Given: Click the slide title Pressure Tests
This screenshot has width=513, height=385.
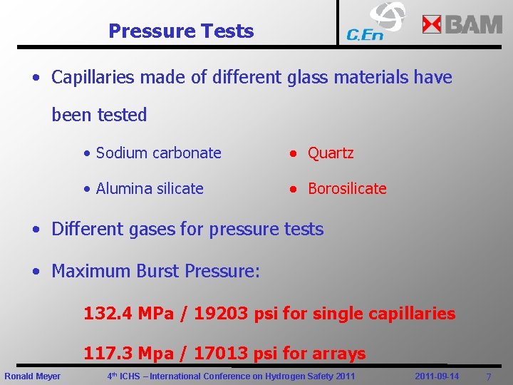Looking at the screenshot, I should (181, 31).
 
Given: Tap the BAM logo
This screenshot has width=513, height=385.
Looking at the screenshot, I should (462, 24).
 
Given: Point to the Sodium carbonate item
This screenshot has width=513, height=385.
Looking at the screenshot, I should (158, 153).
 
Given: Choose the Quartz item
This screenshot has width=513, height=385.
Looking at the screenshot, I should (331, 153).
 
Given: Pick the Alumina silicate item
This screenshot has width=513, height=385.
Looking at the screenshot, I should (150, 189).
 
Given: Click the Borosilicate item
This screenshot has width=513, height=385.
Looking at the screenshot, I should (347, 189).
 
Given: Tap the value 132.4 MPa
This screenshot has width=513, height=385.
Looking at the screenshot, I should (129, 313).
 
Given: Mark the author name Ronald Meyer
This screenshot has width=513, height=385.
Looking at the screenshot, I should (33, 376).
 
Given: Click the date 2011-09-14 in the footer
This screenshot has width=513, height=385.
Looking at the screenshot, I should (436, 376).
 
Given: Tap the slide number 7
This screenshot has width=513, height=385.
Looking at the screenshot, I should (488, 376).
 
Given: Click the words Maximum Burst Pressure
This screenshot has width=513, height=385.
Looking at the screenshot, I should (155, 272).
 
